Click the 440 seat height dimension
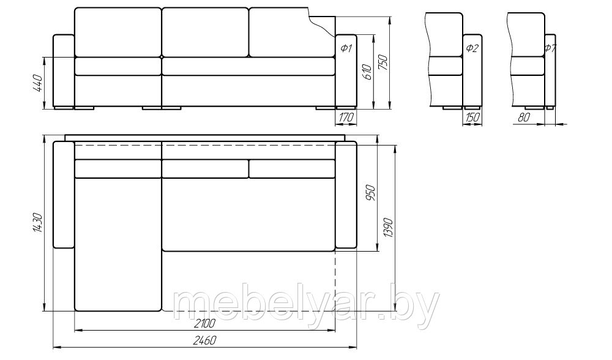click(37, 83)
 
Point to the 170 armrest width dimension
click(345, 117)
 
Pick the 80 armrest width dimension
click(524, 117)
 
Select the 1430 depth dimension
click(37, 223)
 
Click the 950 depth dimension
click(370, 193)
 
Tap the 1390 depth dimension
click(388, 228)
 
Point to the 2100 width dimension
click(204, 324)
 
